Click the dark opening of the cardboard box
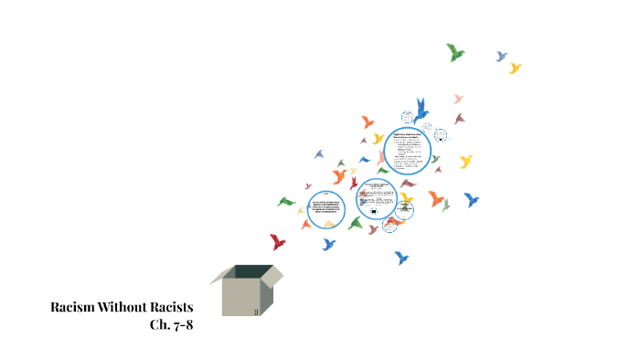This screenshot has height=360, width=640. (253, 271)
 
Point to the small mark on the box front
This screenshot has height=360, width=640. (255, 312)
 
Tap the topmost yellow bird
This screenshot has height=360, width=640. (516, 68)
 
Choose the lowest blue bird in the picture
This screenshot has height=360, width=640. (400, 258)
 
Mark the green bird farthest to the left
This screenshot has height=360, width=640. (287, 201)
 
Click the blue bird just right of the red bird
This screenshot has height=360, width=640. (328, 244)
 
